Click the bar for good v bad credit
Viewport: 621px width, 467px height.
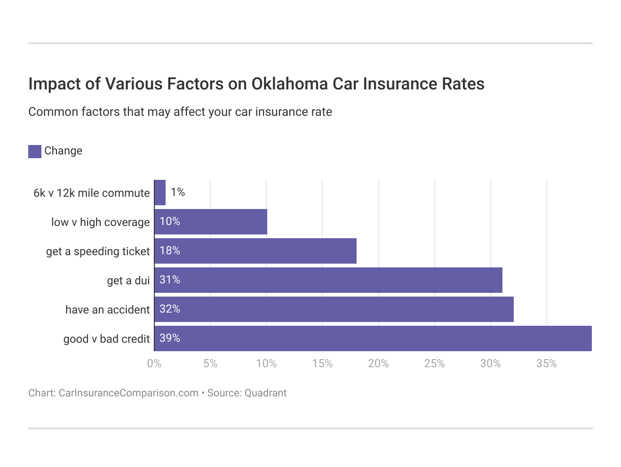pyautogui.click(x=373, y=338)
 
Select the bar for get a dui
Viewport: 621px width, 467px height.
pyautogui.click(x=328, y=280)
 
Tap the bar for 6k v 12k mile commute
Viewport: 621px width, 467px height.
pyautogui.click(x=160, y=193)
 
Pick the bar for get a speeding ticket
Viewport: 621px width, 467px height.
pyautogui.click(x=255, y=251)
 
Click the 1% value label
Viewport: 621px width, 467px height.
pyautogui.click(x=178, y=192)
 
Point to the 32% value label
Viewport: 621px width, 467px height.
pyautogui.click(x=170, y=309)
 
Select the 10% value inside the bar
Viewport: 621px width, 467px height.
pyautogui.click(x=170, y=221)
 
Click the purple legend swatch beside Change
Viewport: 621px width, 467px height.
pyautogui.click(x=35, y=151)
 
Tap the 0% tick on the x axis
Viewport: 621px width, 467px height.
pyautogui.click(x=154, y=363)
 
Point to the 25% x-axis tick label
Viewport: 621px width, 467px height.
pyautogui.click(x=434, y=363)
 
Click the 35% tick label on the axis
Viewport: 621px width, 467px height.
pyautogui.click(x=546, y=363)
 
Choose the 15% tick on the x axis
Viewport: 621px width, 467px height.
pyautogui.click(x=322, y=363)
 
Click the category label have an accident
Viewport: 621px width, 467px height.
pyautogui.click(x=107, y=310)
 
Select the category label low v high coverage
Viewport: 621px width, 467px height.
pyautogui.click(x=100, y=222)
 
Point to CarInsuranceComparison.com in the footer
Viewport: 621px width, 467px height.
pyautogui.click(x=128, y=393)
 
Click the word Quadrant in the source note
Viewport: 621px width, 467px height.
pyautogui.click(x=265, y=393)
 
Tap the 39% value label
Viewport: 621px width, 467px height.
pyautogui.click(x=170, y=338)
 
